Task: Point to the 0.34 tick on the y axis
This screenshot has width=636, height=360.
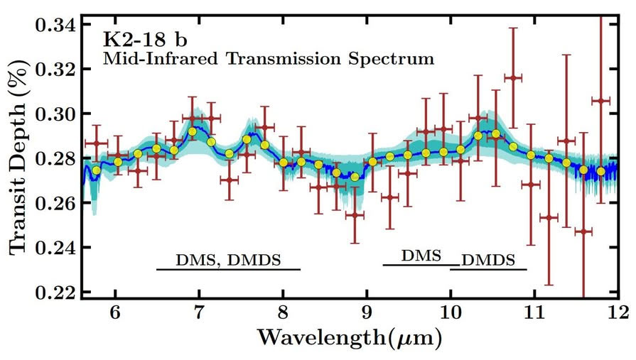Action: point(54,26)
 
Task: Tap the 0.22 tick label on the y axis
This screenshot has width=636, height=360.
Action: point(54,292)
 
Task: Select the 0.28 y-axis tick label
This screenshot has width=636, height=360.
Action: point(54,158)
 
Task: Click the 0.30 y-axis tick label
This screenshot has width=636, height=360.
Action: point(54,114)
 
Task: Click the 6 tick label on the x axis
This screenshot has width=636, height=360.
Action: point(115,313)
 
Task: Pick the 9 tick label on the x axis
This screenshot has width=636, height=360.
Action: point(366,313)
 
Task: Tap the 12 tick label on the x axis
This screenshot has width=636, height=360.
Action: point(617,313)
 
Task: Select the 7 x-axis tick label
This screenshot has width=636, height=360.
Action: point(199,313)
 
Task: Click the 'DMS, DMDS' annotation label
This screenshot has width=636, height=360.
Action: point(228,258)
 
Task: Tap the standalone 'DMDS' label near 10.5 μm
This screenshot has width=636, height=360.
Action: point(488,259)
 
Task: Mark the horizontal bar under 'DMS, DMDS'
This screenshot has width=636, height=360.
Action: point(228,270)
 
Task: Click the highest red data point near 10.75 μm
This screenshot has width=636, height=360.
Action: point(512,77)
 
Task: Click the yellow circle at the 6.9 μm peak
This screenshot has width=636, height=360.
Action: point(192,131)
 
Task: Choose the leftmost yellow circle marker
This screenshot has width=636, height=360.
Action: point(97,170)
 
